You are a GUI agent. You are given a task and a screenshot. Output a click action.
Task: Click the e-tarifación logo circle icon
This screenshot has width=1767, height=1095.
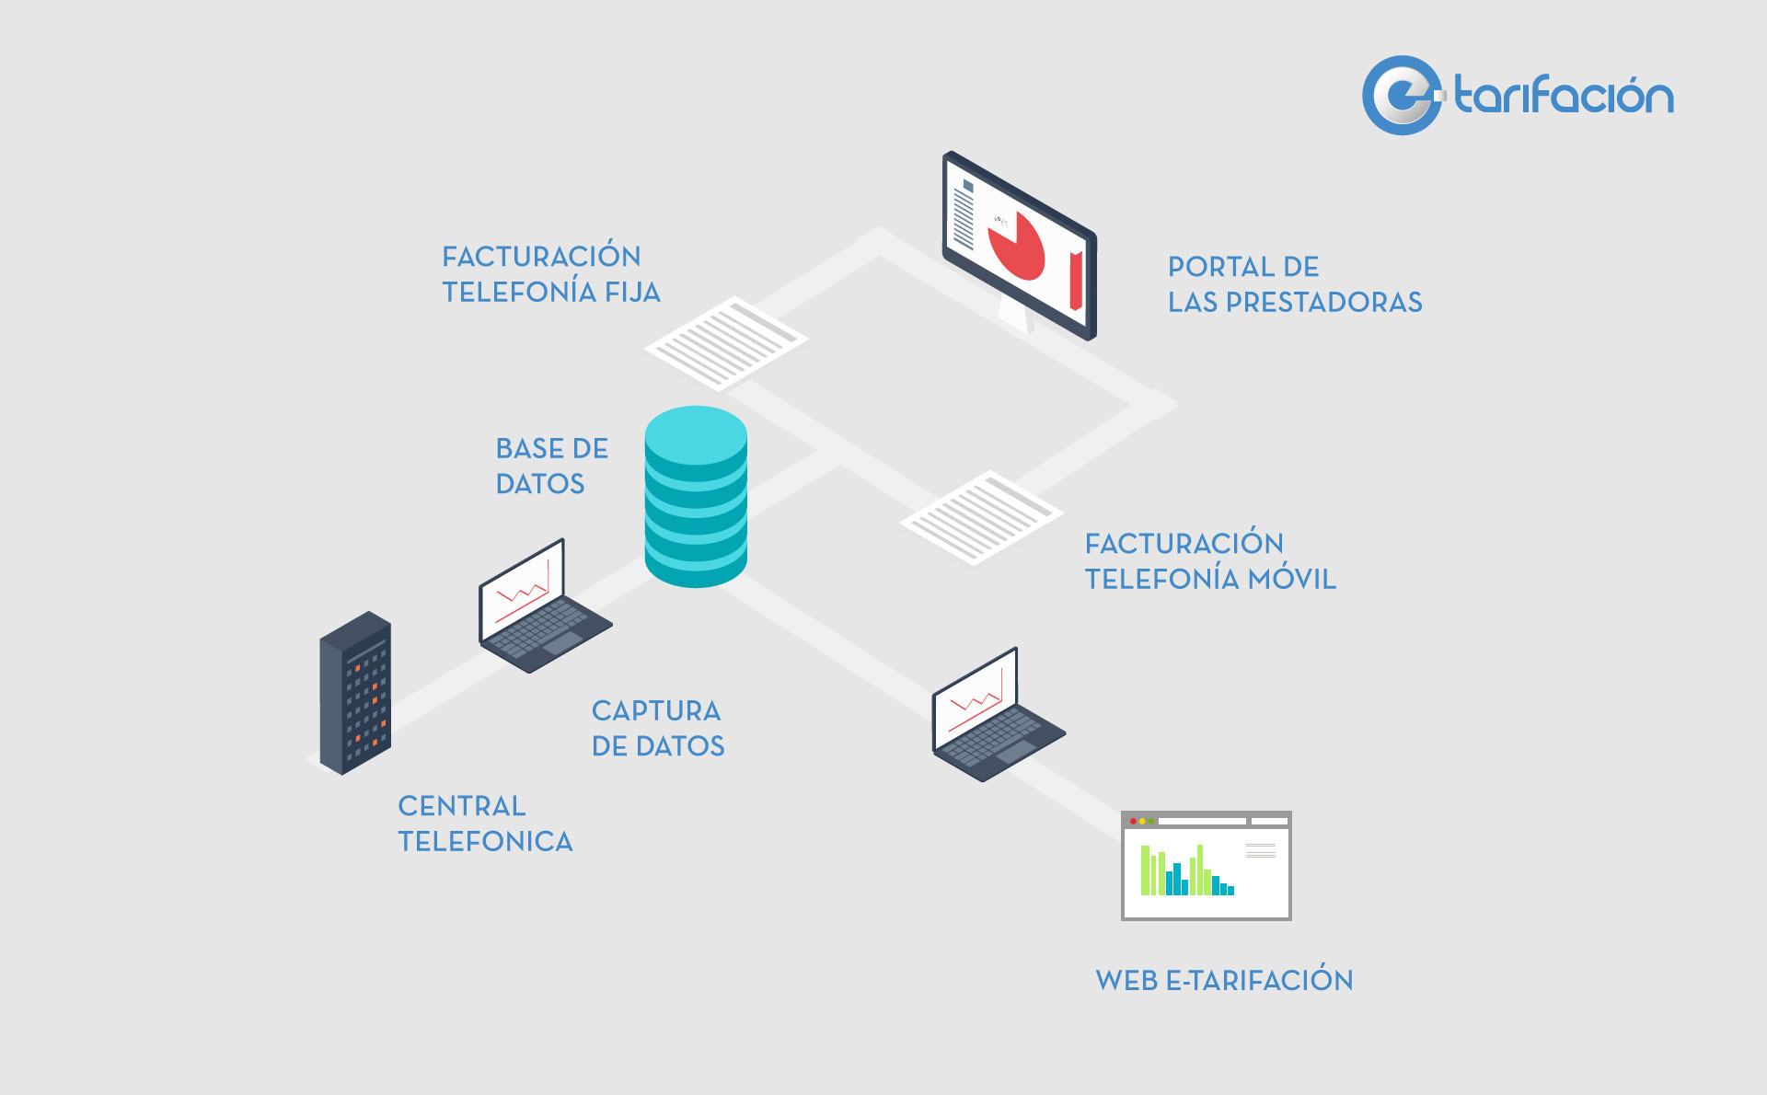pyautogui.click(x=1402, y=96)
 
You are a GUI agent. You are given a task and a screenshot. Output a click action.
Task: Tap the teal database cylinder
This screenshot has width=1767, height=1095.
pyautogui.click(x=696, y=497)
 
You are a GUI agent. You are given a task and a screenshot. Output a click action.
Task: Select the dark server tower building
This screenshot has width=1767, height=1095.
pyautogui.click(x=355, y=693)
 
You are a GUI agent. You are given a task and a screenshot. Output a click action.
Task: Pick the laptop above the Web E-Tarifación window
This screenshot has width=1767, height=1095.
pyautogui.click(x=998, y=716)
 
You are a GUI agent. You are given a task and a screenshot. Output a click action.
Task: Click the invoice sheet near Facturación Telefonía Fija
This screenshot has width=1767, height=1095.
pyautogui.click(x=725, y=342)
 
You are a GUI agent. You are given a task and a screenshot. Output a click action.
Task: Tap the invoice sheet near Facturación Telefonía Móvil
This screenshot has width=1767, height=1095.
pyautogui.click(x=981, y=517)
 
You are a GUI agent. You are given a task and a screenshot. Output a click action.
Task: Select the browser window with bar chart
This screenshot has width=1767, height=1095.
pyautogui.click(x=1207, y=866)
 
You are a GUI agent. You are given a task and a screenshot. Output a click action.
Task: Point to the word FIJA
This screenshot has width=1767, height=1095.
pyautogui.click(x=632, y=292)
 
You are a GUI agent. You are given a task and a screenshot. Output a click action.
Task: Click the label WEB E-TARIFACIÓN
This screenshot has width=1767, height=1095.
pyautogui.click(x=1224, y=979)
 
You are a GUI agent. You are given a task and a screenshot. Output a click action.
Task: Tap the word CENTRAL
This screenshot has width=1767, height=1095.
pyautogui.click(x=462, y=806)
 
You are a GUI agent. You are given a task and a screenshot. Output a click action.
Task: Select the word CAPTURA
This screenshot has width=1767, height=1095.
pyautogui.click(x=656, y=710)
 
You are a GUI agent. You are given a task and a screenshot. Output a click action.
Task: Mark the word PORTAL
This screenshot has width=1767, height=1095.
pyautogui.click(x=1218, y=267)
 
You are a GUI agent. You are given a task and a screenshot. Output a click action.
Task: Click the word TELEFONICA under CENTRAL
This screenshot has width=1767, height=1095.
pyautogui.click(x=485, y=841)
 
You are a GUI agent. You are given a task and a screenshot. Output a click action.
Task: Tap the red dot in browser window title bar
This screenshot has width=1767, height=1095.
pyautogui.click(x=1133, y=821)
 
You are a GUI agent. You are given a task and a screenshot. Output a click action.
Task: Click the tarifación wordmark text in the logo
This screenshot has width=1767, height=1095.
pyautogui.click(x=1564, y=96)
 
